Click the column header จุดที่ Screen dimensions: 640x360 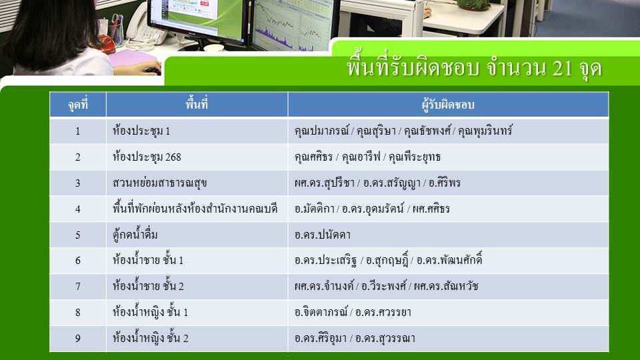coord(77,105)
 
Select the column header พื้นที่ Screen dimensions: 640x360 coord(197,105)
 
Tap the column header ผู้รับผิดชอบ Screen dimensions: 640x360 coord(448,105)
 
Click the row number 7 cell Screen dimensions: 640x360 coord(77,287)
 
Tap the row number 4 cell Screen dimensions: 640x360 coord(77,209)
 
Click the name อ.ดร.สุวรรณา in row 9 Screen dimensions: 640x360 coord(385,339)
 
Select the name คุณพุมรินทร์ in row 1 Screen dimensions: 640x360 coord(485,131)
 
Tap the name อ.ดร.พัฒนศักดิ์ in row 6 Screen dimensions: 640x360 coord(449,260)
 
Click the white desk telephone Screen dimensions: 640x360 coord(144,27)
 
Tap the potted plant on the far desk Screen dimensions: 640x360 coord(473,5)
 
